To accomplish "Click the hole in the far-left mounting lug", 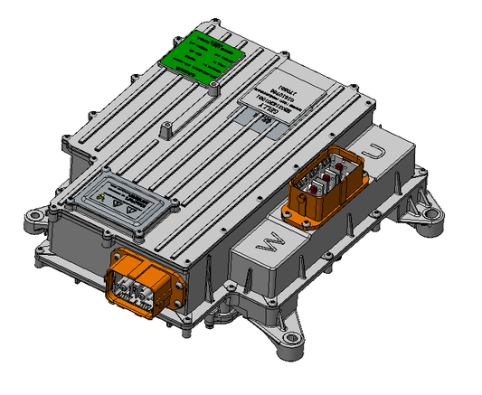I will (33, 218).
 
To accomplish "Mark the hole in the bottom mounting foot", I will (291, 340).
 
